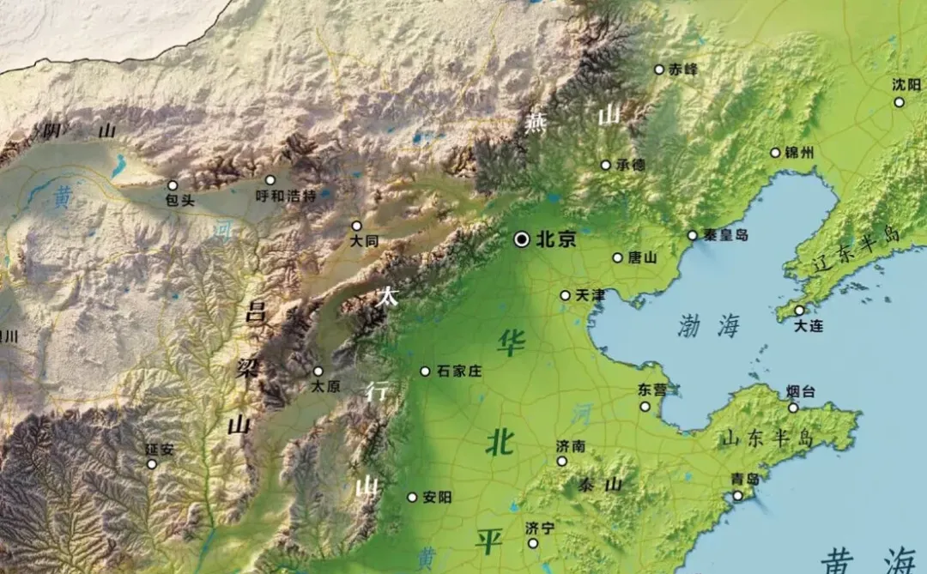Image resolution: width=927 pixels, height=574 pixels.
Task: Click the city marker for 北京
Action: [x=522, y=240]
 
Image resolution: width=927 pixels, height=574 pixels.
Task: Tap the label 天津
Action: [x=591, y=295]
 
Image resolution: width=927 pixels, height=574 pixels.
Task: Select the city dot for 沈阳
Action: [x=899, y=102]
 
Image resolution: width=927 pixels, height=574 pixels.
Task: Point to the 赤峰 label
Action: [x=683, y=69]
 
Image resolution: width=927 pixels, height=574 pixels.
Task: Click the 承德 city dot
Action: [x=605, y=165]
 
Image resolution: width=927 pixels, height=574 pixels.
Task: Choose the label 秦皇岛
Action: [x=726, y=235]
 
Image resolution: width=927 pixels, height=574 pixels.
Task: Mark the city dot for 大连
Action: [x=799, y=311]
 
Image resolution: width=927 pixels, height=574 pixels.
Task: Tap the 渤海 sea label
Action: [x=708, y=325]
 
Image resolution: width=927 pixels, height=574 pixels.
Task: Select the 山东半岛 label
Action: [x=766, y=438]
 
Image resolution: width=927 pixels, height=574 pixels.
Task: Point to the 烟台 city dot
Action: [x=793, y=408]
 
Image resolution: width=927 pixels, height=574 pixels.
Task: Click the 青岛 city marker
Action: [x=737, y=495]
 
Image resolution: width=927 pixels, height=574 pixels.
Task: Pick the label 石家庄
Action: [x=459, y=372]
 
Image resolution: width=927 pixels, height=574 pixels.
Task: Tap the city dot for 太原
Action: [x=318, y=372]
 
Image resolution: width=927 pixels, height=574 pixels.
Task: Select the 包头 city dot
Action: [x=173, y=185]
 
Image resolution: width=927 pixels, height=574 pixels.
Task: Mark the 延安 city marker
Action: [x=152, y=464]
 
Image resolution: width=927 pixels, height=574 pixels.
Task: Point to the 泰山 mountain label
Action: [x=598, y=485]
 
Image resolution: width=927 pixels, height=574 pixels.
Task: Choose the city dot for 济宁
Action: [x=533, y=543]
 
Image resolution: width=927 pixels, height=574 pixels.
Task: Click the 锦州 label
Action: [x=799, y=153]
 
